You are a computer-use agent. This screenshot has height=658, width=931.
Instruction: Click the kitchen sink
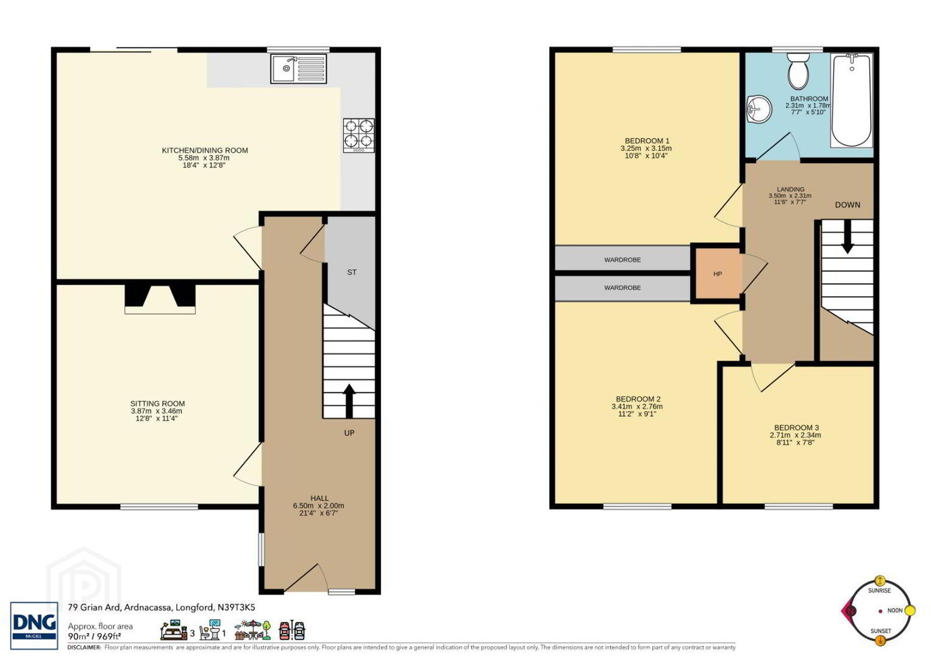coord(299,68)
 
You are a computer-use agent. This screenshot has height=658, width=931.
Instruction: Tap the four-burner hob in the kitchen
coord(358,135)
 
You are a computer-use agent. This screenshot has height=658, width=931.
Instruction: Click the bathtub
coord(852,101)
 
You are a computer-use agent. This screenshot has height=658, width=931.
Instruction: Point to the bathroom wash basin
coord(759,110)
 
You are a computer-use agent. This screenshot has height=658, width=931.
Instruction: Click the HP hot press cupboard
coord(718,274)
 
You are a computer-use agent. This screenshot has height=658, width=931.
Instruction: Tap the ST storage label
coord(352,272)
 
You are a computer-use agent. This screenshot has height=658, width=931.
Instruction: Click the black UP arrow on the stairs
coord(349,401)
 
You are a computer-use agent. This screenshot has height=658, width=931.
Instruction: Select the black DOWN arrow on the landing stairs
coord(847,236)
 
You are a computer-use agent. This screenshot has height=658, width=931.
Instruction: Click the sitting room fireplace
coord(160,299)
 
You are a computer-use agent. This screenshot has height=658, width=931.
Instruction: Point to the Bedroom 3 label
coord(796,428)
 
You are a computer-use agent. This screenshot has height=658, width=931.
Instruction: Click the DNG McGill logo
coord(34,626)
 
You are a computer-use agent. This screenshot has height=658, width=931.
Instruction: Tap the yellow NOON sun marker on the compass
coord(910,610)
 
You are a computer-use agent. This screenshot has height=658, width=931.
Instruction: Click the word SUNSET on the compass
coord(881,631)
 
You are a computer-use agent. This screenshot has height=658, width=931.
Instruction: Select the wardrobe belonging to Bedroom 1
coord(623,258)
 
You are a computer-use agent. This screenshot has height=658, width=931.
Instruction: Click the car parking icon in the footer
coord(292,631)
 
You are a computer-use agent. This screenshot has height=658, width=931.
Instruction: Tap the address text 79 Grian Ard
coord(95,607)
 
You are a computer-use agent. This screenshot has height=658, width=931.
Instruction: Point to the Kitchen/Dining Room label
coord(204,150)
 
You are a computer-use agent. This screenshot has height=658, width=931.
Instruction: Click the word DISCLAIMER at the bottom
coord(84,647)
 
